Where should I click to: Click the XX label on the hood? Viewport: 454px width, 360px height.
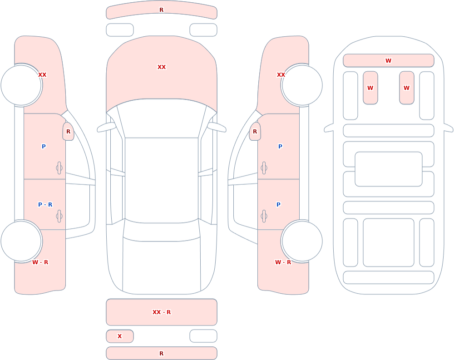click(162, 67)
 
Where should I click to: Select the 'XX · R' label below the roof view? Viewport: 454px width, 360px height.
click(162, 312)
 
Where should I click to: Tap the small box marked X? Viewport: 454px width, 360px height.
click(119, 336)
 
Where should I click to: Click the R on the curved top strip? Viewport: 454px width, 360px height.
click(162, 10)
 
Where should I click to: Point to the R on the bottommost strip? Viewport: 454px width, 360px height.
click(162, 353)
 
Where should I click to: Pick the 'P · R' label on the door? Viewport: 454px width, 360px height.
click(45, 204)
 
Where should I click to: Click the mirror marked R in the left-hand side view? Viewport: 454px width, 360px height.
click(69, 132)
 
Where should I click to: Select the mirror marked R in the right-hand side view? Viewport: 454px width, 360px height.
click(255, 132)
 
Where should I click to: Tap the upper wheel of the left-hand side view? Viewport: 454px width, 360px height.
click(21, 85)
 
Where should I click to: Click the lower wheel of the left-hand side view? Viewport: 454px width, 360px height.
click(21, 241)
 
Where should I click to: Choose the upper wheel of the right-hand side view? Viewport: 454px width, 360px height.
click(302, 85)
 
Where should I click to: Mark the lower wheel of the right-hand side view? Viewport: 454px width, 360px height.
click(302, 241)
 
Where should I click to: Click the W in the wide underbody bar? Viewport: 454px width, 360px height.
click(388, 60)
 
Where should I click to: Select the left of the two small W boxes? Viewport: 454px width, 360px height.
click(370, 88)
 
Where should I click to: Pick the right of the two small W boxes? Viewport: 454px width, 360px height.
click(406, 88)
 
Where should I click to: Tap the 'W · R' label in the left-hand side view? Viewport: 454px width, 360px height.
click(40, 262)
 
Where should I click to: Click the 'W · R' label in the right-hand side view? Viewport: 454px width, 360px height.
click(283, 262)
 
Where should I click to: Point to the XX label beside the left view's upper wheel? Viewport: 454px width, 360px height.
click(42, 75)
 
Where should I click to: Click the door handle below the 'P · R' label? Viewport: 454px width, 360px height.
click(59, 216)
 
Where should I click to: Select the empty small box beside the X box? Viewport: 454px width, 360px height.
click(203, 336)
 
